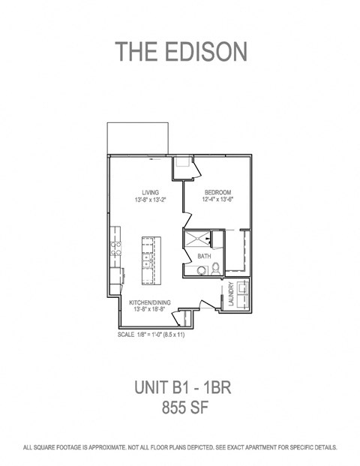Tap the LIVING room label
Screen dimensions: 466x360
150,193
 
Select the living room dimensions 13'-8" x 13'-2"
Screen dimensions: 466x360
150,200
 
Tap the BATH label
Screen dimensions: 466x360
204,257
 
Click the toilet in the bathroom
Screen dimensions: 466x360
216,269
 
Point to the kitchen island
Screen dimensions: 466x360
149,258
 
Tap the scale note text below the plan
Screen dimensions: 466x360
151,335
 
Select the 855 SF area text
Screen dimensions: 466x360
180,409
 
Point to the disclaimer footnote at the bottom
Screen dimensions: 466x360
180,447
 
